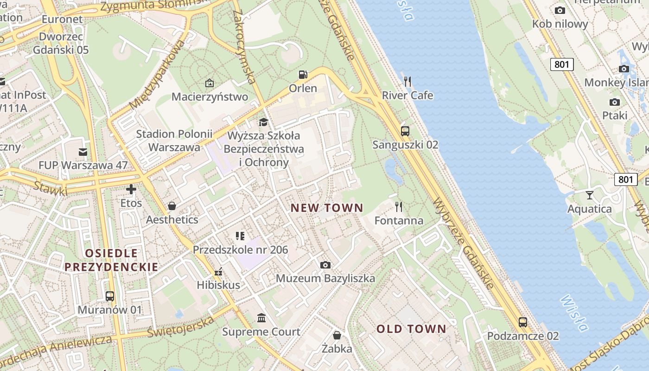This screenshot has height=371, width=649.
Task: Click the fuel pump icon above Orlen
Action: (x=303, y=74)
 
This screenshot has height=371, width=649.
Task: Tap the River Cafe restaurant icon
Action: (x=407, y=82)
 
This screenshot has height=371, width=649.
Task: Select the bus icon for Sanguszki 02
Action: (x=405, y=131)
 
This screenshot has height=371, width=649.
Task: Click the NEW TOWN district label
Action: (x=327, y=208)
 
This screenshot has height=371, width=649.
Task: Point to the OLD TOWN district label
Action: (x=411, y=329)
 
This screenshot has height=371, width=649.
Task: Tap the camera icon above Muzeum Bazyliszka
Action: (x=325, y=265)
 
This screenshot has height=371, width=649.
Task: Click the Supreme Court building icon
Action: (x=261, y=318)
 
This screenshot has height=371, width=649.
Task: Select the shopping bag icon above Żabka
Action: (x=337, y=335)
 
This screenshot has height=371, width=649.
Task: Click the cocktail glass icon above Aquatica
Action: (x=589, y=195)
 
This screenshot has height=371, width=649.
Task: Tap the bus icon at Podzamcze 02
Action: (x=523, y=322)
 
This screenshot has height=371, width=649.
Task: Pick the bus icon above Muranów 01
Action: (x=110, y=296)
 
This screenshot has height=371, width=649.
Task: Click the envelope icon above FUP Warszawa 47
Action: (x=83, y=152)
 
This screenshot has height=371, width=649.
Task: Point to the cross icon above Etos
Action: (x=131, y=189)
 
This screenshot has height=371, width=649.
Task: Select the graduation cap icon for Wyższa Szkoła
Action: (x=263, y=122)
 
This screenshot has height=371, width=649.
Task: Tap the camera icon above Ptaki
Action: (x=615, y=102)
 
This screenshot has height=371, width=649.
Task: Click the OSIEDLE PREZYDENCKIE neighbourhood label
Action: (x=111, y=260)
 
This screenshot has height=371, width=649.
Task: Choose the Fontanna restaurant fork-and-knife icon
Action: (x=399, y=206)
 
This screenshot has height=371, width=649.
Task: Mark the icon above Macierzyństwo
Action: (x=210, y=83)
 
